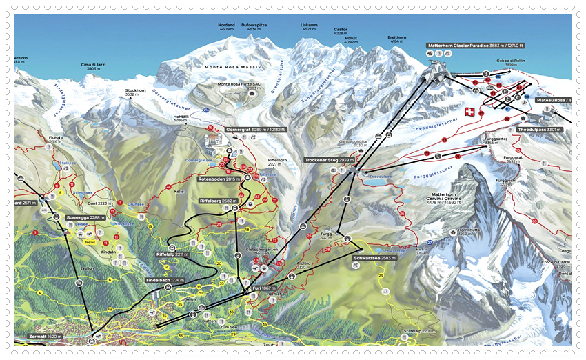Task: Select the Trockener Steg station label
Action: point(330,160)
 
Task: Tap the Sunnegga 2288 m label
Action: point(85,217)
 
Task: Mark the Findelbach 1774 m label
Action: point(165,281)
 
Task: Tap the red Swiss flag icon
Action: point(470,112)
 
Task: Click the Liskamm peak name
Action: point(309,27)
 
